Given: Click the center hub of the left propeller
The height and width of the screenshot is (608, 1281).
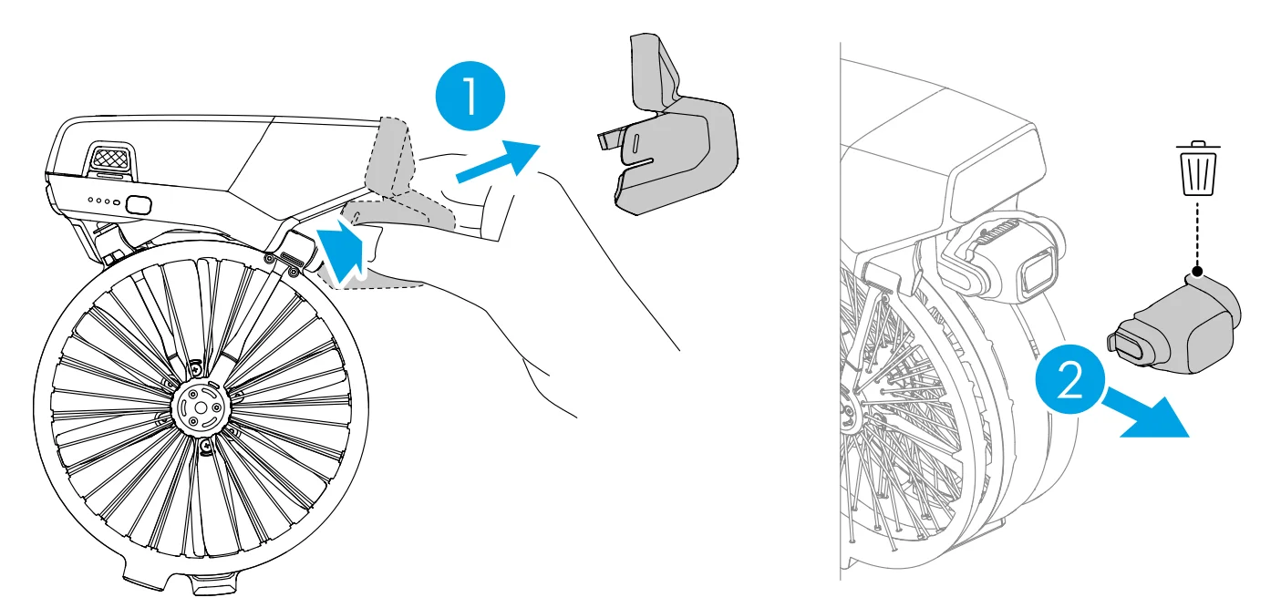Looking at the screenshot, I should tap(200, 406).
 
